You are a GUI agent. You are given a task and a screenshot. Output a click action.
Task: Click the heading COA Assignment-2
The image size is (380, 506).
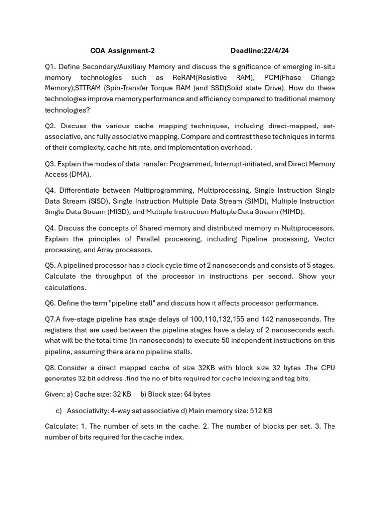(119, 50)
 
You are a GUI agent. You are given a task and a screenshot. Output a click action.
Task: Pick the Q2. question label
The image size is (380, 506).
(50, 126)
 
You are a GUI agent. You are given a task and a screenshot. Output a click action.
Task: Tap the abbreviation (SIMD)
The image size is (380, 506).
(256, 201)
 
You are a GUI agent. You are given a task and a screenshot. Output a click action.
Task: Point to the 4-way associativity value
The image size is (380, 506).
(122, 411)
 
